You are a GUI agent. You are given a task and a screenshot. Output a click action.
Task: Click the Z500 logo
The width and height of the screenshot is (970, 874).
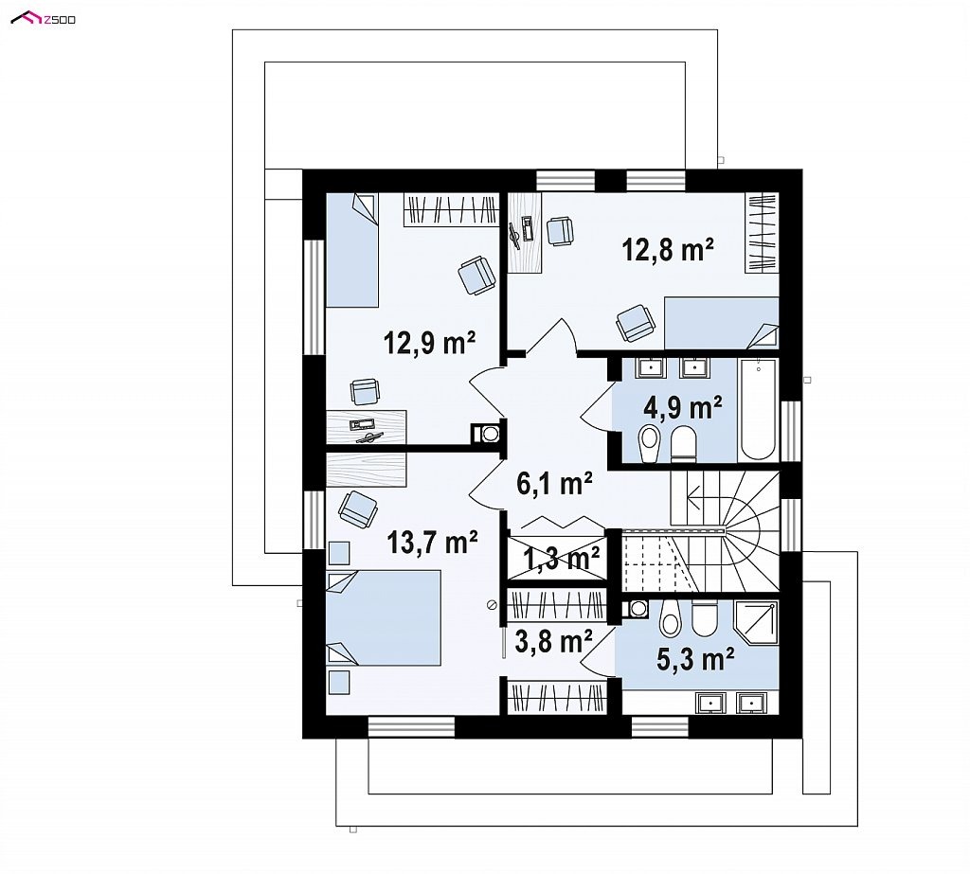[44, 19]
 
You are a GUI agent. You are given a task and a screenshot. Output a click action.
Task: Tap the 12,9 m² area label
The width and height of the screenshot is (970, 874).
[429, 342]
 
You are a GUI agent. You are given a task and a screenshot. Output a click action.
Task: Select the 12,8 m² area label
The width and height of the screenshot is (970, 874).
[668, 250]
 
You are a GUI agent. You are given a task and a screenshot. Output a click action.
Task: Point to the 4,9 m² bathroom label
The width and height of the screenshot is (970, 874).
[683, 408]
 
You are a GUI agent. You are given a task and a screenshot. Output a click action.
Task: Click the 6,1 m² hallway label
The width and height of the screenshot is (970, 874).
[555, 484]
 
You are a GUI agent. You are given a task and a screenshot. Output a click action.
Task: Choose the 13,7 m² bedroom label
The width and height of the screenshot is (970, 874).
[432, 543]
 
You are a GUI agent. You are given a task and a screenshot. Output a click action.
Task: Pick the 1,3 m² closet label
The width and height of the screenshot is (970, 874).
[562, 559]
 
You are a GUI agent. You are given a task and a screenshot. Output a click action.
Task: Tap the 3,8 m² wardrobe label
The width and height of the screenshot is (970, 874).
[553, 641]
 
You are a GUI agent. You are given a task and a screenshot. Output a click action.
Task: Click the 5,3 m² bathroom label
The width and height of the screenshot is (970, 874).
[695, 659]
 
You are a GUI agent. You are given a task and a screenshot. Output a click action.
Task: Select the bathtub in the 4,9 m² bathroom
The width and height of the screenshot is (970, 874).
[757, 409]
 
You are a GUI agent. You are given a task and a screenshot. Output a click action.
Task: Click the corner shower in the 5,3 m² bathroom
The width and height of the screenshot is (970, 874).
[755, 622]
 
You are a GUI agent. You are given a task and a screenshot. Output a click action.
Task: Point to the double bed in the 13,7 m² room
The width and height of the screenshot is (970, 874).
[384, 618]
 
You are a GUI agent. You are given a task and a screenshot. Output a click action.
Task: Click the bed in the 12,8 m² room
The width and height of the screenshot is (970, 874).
[721, 323]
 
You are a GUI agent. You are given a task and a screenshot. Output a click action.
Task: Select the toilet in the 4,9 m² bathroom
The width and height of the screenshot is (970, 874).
[684, 443]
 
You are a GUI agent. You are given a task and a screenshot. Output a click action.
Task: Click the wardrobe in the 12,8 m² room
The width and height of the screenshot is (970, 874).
[762, 233]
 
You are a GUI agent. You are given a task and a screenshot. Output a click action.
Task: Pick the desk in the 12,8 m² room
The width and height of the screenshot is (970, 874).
[525, 232]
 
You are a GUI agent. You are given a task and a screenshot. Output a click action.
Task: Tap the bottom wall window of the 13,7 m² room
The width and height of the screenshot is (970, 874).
[411, 727]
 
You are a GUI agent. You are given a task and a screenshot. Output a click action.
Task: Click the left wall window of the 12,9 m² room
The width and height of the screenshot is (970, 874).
[314, 297]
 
